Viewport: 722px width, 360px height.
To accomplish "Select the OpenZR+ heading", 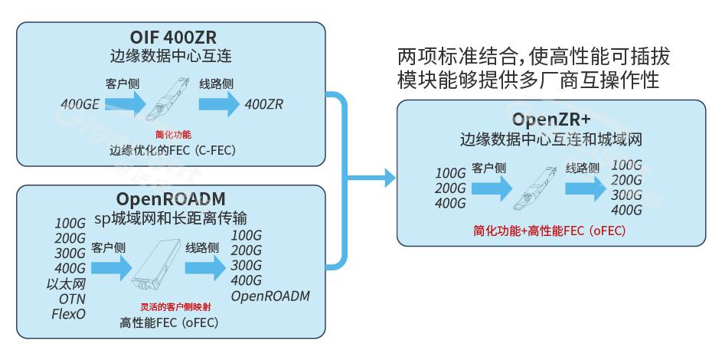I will [x=551, y=120].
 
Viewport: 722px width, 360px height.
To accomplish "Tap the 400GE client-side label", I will [x=80, y=104].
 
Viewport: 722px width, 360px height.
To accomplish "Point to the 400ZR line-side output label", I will [x=264, y=104].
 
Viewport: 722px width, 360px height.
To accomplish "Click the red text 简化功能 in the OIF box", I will [x=173, y=135].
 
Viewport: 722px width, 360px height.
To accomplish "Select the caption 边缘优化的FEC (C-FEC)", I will [x=172, y=150].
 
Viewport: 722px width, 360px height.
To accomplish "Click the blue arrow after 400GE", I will [x=126, y=105].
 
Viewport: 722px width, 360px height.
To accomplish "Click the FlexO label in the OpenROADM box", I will [x=69, y=313].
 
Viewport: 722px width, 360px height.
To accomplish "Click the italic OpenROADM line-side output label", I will [x=270, y=296].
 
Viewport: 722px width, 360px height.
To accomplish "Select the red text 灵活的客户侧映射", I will [x=170, y=308].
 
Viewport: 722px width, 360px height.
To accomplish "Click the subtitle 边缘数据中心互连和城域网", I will [x=550, y=140].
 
